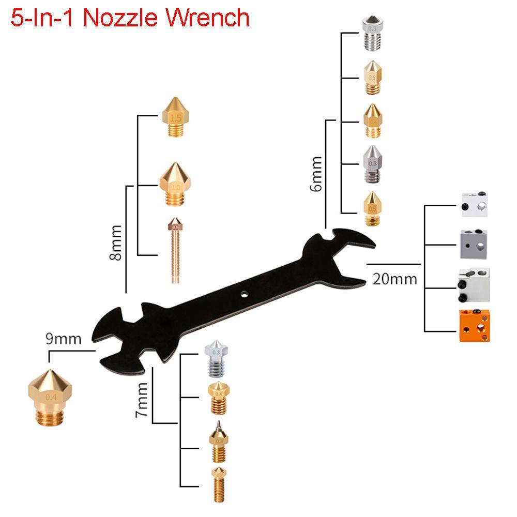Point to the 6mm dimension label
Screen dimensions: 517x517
tap(316, 174)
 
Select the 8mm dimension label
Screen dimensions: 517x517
tap(117, 242)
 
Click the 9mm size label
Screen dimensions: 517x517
tap(64, 339)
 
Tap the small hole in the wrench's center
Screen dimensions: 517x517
tap(244, 294)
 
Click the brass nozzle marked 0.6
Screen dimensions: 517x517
tap(372, 77)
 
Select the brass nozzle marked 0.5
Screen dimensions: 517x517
tap(372, 208)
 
